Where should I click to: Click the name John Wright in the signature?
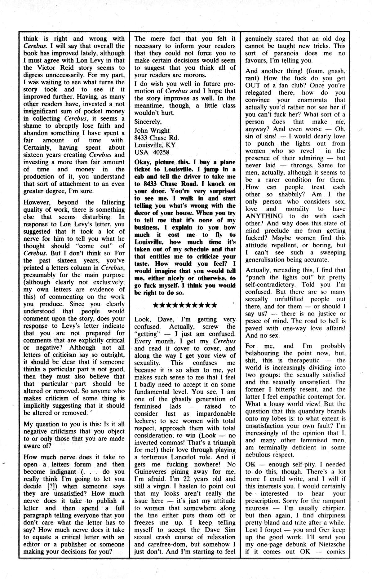click(x=152, y=130)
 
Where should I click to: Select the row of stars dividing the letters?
click(x=185, y=305)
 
